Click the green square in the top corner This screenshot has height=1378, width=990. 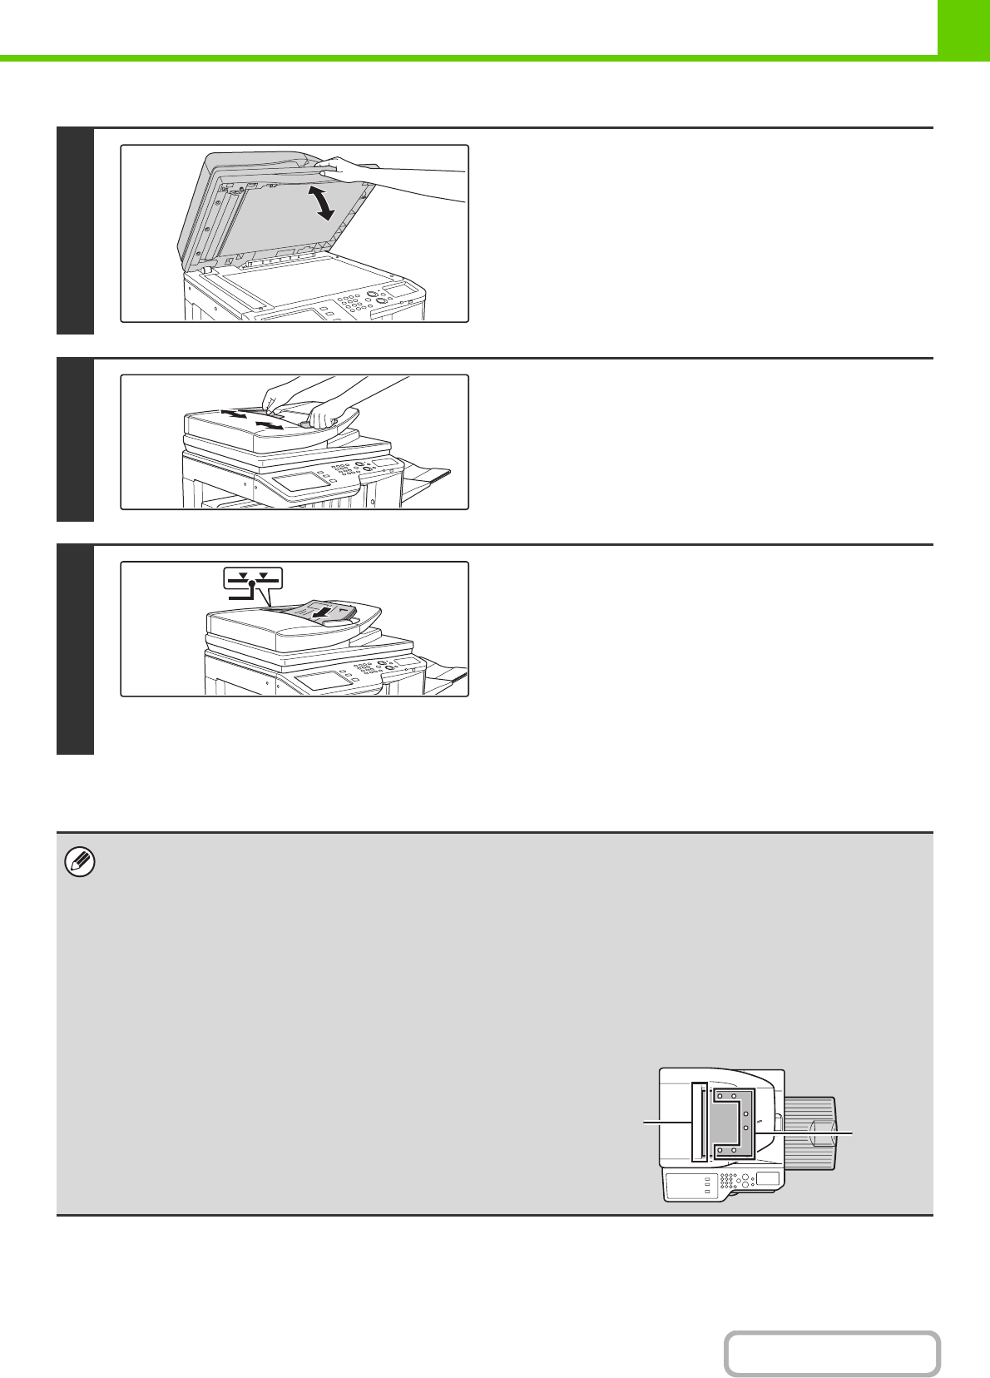click(964, 27)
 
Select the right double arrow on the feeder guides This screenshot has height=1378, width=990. click(270, 425)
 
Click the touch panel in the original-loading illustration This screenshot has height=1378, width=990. click(320, 679)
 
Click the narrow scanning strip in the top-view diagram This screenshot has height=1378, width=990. click(699, 1122)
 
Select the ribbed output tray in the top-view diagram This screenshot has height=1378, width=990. click(810, 1132)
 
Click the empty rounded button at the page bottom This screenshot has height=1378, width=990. click(831, 1354)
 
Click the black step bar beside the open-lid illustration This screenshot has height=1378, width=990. click(75, 231)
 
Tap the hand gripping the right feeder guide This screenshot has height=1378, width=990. click(329, 413)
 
